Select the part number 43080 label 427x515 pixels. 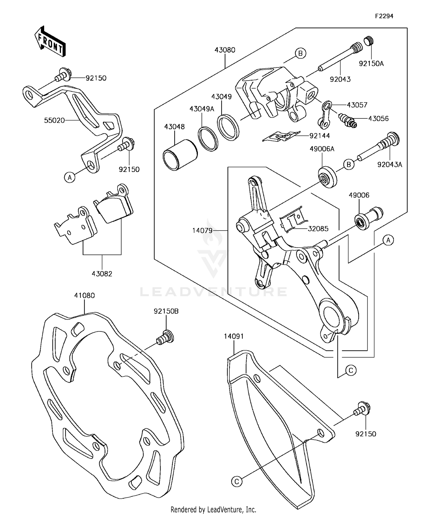click(225, 50)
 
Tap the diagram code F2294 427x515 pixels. click(384, 16)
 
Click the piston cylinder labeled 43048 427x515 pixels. click(180, 155)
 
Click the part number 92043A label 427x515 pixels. click(389, 165)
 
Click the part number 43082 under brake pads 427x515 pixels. click(102, 274)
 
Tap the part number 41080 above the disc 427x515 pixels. click(84, 296)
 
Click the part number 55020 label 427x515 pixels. click(54, 120)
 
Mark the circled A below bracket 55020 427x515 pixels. click(69, 178)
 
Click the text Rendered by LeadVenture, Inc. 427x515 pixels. click(213, 509)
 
